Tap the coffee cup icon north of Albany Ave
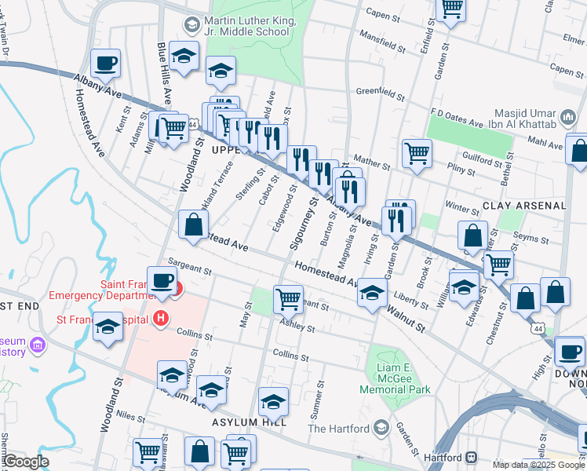[105, 63]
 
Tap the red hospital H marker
[161, 318]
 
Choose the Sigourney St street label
[301, 224]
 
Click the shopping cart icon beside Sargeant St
[288, 298]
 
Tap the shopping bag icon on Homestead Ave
[193, 225]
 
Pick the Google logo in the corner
[26, 461]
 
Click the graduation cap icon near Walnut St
[372, 294]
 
